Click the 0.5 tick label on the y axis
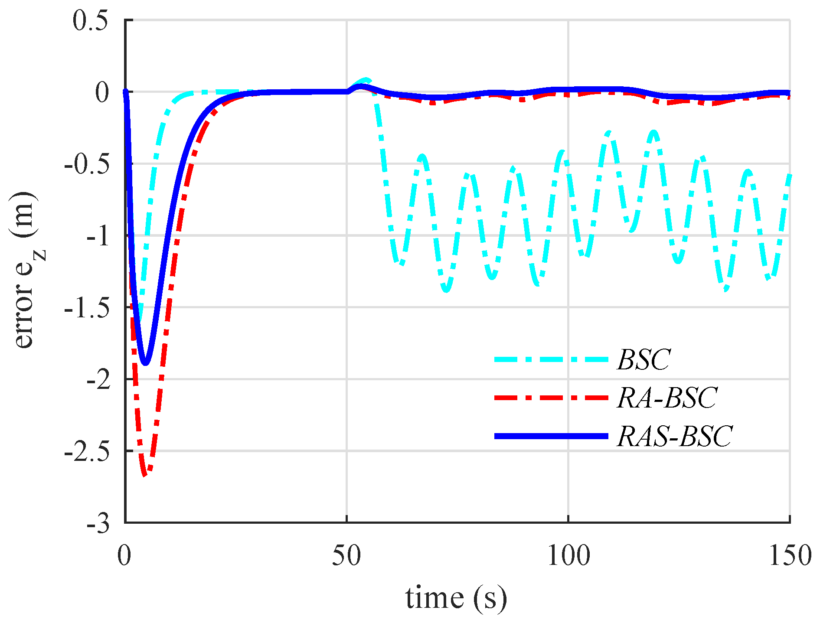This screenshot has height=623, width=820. coord(90,21)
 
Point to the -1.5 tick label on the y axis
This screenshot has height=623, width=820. coord(86,309)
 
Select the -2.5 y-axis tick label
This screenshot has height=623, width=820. coord(86,453)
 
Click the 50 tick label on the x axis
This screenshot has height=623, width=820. coord(346,556)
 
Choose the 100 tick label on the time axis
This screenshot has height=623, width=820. coord(568,556)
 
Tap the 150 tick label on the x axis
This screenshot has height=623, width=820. coord(790,556)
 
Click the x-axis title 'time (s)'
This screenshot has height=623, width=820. coord(456,599)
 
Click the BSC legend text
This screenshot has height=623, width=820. coord(644,359)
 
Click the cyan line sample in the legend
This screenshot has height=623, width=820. coord(551,359)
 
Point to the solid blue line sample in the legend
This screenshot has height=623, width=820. coord(551,436)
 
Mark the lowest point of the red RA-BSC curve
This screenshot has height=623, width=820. coord(145,475)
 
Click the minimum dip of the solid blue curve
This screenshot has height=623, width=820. coord(146,363)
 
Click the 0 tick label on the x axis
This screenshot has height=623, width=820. coord(124,556)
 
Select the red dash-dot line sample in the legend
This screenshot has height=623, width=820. coord(551,398)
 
